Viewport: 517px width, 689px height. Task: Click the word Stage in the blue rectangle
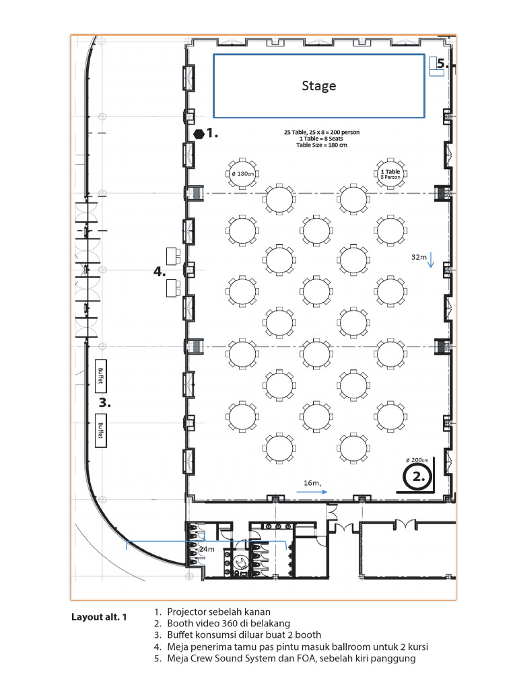click(x=318, y=85)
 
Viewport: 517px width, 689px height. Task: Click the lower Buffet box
click(x=101, y=427)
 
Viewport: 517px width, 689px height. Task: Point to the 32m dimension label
click(x=419, y=257)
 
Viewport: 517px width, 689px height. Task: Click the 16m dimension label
click(x=311, y=483)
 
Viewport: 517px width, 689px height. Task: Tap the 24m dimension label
click(x=206, y=549)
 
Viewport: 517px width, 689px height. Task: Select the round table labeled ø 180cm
click(x=242, y=174)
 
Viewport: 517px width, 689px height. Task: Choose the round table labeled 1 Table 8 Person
click(x=390, y=174)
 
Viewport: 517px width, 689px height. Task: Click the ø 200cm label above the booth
click(x=417, y=460)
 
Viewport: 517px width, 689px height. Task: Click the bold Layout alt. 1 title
click(x=99, y=617)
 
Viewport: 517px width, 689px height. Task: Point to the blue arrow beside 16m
click(x=311, y=492)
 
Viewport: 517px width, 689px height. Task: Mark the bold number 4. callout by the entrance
click(x=160, y=272)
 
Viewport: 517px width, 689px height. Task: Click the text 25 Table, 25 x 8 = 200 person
click(x=322, y=133)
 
